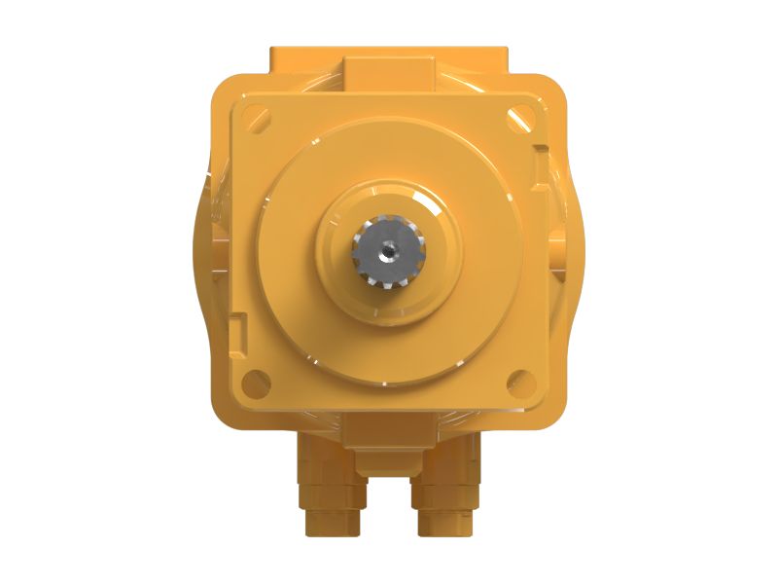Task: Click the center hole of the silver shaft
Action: click(388, 251)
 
